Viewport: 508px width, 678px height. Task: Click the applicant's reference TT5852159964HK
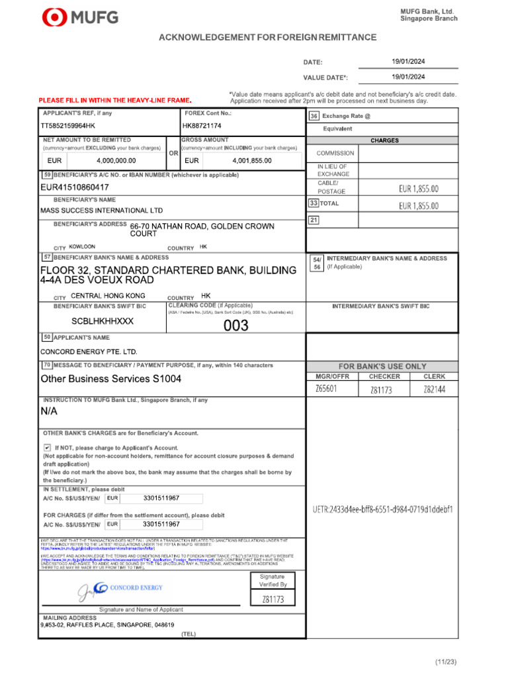click(x=68, y=126)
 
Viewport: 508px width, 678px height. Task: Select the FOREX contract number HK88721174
click(x=202, y=126)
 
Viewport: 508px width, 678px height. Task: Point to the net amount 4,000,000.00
click(x=116, y=161)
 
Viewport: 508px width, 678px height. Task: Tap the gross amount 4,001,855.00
click(x=252, y=161)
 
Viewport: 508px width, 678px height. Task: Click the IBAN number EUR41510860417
click(x=75, y=187)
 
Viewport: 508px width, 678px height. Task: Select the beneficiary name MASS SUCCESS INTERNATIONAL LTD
click(x=101, y=211)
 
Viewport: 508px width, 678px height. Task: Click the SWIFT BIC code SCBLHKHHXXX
click(x=103, y=321)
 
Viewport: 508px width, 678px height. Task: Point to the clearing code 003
click(x=235, y=325)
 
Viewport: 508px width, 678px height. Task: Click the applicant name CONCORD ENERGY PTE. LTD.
click(x=89, y=352)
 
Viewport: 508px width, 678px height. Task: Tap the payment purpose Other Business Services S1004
click(x=110, y=379)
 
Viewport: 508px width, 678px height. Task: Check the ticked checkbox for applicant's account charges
click(x=47, y=448)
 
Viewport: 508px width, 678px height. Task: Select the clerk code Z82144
click(x=435, y=389)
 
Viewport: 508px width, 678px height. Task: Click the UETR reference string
click(x=383, y=510)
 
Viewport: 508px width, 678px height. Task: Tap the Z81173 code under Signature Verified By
click(x=273, y=599)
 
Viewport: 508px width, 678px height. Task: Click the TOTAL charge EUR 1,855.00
click(x=419, y=206)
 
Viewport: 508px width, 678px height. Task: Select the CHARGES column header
click(x=384, y=141)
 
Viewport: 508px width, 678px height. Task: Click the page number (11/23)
click(x=446, y=661)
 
